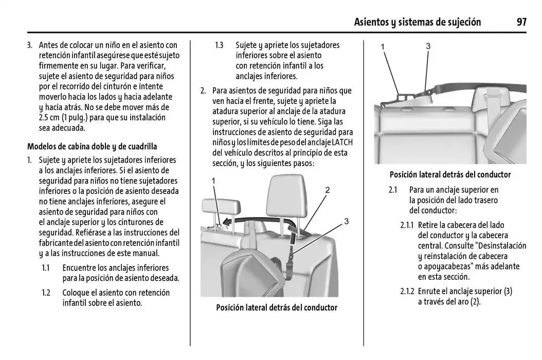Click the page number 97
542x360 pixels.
pos(522,22)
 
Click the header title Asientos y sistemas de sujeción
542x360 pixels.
pos(418,22)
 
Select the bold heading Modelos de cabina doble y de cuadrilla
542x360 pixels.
pos(92,147)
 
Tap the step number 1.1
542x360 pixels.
pos(46,268)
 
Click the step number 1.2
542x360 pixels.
pos(46,293)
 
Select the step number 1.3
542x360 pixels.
pos(219,45)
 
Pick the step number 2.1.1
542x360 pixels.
pos(407,225)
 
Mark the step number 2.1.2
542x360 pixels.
pos(407,291)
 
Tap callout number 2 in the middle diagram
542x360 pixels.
pos(327,190)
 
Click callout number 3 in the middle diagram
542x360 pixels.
pos(346,221)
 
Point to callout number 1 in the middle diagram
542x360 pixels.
pos(213,181)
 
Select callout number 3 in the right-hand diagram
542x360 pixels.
pos(428,46)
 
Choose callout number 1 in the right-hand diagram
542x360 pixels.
pos(383,47)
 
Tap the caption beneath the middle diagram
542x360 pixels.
pos(276,308)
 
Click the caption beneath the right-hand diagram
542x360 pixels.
pos(450,174)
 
